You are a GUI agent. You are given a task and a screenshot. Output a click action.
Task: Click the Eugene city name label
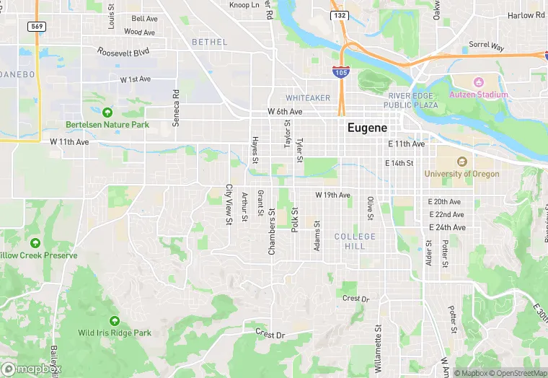(367, 127)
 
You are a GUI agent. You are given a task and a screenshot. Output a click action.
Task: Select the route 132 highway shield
(340, 15)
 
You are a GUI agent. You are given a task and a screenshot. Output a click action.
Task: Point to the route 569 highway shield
(37, 26)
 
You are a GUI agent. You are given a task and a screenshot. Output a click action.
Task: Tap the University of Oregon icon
(461, 162)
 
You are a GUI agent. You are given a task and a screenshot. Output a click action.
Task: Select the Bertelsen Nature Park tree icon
(107, 113)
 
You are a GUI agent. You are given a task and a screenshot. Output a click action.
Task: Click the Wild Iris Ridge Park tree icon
(115, 321)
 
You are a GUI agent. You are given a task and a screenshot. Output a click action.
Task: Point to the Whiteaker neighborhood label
(308, 97)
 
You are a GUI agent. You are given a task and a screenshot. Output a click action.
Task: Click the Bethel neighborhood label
(209, 43)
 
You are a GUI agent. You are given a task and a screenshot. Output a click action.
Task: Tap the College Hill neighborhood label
(355, 241)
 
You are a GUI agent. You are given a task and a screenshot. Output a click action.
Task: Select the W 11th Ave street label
(70, 142)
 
